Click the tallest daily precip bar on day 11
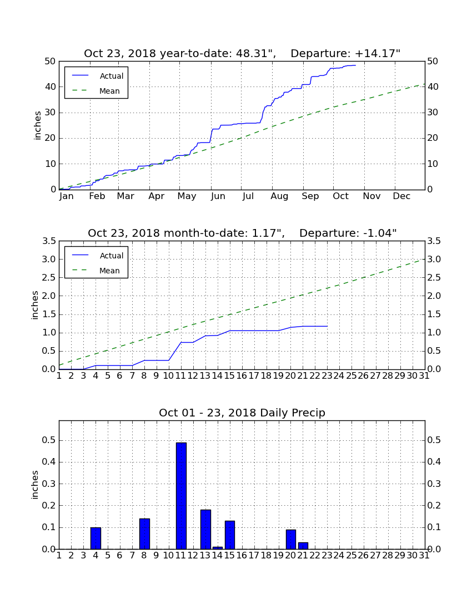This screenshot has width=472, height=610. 181,496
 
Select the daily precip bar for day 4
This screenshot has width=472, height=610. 96,538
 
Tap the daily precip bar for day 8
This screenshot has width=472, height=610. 144,533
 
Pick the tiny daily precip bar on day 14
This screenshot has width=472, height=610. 218,548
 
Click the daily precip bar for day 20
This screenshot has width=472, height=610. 291,539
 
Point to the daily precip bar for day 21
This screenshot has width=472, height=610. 303,546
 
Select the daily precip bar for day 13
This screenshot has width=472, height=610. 205,530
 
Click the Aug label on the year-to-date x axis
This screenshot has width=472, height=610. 280,196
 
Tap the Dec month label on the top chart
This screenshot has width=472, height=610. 401,196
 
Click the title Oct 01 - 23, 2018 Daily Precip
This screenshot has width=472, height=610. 242,413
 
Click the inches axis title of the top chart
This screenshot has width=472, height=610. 37,125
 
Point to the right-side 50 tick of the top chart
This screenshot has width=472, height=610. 433,62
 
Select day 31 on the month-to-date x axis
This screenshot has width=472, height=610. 424,376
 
